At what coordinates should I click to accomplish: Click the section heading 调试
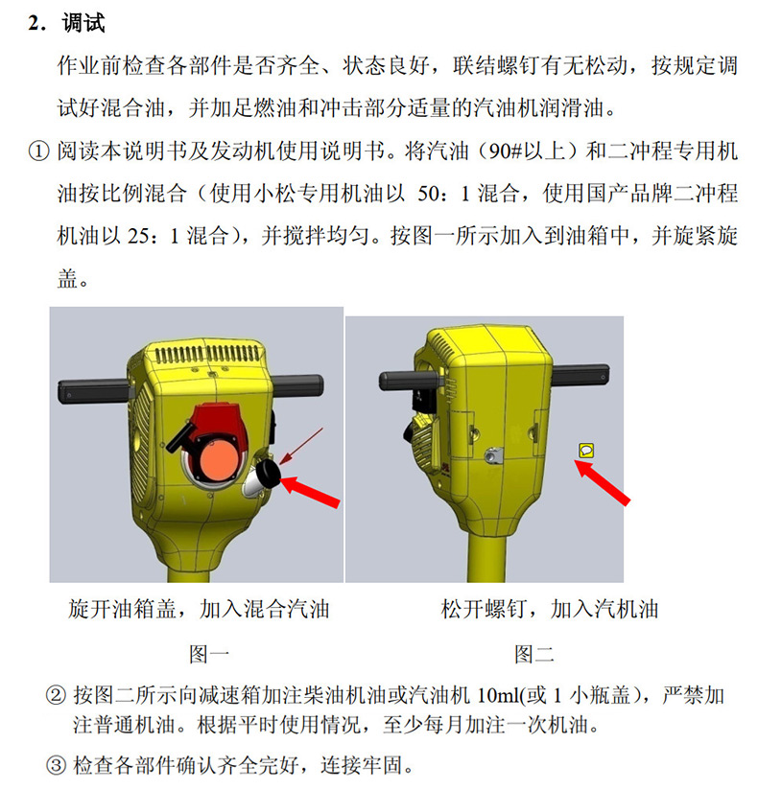pyautogui.click(x=83, y=23)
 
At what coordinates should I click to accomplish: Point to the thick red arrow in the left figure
pyautogui.click(x=309, y=492)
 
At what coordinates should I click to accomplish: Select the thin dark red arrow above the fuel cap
pyautogui.click(x=301, y=447)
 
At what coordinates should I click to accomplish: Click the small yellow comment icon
pyautogui.click(x=586, y=451)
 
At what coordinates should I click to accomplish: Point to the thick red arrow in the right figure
pyautogui.click(x=603, y=482)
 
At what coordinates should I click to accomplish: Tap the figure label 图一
pyautogui.click(x=209, y=655)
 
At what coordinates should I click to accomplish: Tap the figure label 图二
pyautogui.click(x=534, y=655)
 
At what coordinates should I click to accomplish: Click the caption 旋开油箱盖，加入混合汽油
pyautogui.click(x=199, y=609)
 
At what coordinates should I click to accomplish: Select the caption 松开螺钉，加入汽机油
pyautogui.click(x=550, y=609)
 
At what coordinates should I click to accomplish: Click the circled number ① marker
pyautogui.click(x=38, y=151)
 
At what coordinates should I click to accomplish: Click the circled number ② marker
pyautogui.click(x=56, y=696)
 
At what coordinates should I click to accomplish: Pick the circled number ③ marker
pyautogui.click(x=56, y=765)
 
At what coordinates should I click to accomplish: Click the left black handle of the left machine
pyautogui.click(x=93, y=392)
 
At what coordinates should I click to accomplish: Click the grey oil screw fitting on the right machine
pyautogui.click(x=493, y=455)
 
